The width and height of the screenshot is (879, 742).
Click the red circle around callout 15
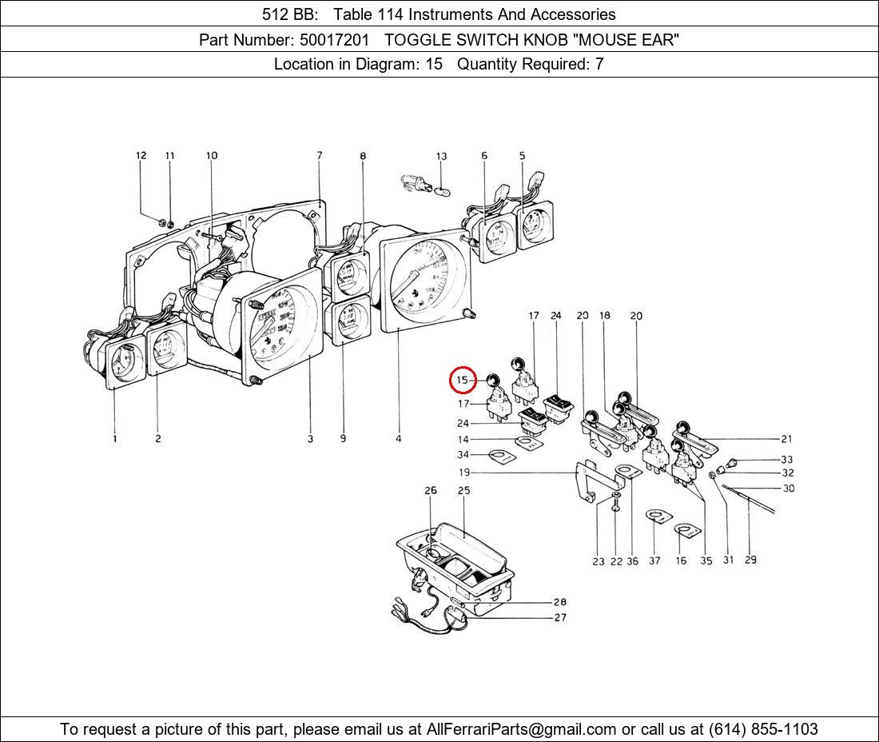click(x=463, y=380)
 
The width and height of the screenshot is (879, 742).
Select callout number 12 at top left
click(x=141, y=156)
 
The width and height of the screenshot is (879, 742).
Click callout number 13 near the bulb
click(x=441, y=157)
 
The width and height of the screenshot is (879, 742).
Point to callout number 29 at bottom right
click(x=750, y=560)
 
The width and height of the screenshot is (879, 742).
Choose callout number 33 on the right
click(x=787, y=460)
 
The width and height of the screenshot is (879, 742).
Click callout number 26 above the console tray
click(x=431, y=490)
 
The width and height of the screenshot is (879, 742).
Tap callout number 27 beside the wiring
click(x=559, y=617)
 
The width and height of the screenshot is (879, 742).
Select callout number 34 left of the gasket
click(x=463, y=455)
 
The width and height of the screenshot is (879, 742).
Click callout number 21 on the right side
click(x=787, y=438)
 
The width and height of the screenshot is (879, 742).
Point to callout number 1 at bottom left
click(x=114, y=438)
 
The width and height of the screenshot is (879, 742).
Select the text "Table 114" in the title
click(x=366, y=14)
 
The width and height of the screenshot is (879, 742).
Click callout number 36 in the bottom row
click(x=632, y=561)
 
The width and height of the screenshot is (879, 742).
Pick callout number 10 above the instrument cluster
click(x=212, y=156)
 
